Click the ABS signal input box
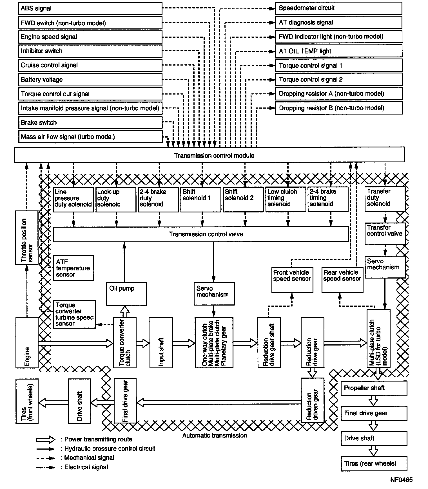pos(90,8)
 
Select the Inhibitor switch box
pos(90,51)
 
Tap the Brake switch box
pos(90,123)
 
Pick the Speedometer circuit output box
pos(338,8)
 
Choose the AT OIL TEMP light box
pos(338,51)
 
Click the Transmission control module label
pos(214,156)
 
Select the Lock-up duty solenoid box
pos(116,199)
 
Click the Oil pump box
pos(126,294)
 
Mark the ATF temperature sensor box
pos(73,268)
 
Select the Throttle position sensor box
pos(27,237)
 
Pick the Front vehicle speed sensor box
pos(292,280)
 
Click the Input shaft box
pos(161,342)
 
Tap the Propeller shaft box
pos(374,388)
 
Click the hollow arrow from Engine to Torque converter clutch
pos(75,343)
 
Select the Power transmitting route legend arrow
pos(46,439)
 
